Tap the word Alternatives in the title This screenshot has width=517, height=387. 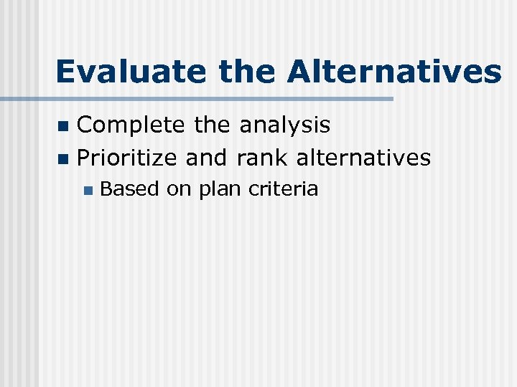pyautogui.click(x=395, y=72)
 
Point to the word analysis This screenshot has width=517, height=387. pyautogui.click(x=286, y=126)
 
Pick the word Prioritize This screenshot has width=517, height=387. pyautogui.click(x=127, y=158)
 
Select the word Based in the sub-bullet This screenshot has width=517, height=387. pyautogui.click(x=129, y=189)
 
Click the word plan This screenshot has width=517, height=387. pyautogui.click(x=220, y=191)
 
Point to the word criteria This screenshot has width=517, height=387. pyautogui.click(x=283, y=189)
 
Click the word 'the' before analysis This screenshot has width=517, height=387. pyautogui.click(x=213, y=126)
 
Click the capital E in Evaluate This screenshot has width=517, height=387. pyautogui.click(x=65, y=72)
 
